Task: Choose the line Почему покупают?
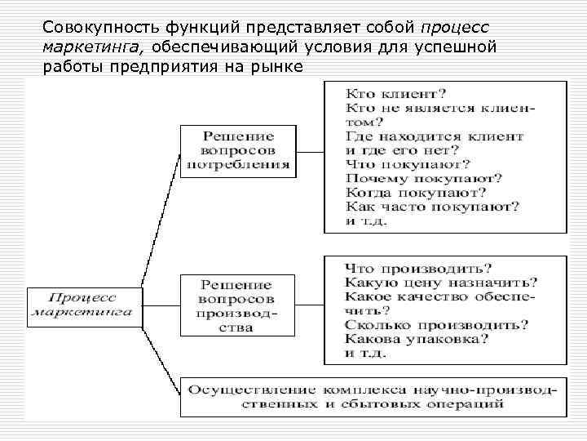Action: [423, 178]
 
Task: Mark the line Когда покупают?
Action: [416, 193]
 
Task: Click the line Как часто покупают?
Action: [432, 207]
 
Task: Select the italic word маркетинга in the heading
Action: [89, 46]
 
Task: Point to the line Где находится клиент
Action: [434, 136]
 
